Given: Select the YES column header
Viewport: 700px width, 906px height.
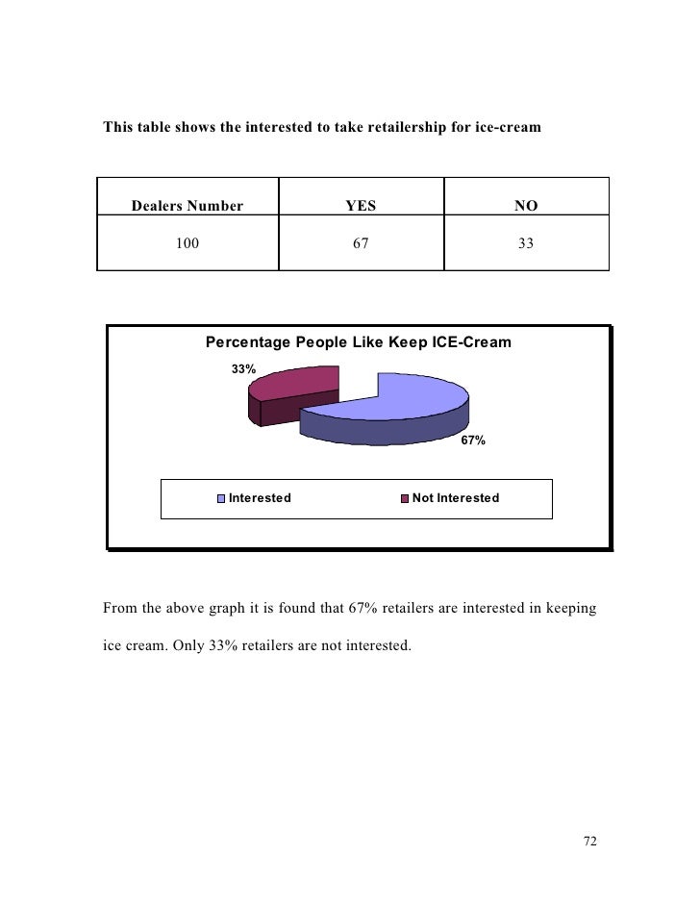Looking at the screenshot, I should tap(361, 205).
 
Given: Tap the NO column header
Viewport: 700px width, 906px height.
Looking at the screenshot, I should tap(525, 205).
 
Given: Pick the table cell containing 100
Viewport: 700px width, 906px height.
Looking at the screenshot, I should tap(187, 244).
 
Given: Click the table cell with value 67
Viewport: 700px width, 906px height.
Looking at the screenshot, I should tap(361, 244).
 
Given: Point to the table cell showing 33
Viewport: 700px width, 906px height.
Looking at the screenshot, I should tap(525, 244).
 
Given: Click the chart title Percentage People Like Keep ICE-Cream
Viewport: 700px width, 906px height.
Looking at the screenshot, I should tap(359, 342).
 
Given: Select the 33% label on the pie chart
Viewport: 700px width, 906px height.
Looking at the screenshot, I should tap(242, 369).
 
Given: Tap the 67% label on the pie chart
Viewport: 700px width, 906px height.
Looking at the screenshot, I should tap(473, 440).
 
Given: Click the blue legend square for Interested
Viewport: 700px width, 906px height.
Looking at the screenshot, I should tap(221, 498).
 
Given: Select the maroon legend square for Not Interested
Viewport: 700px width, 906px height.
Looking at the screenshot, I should tap(405, 498).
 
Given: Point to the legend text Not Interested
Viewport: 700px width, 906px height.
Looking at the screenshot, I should tap(455, 498).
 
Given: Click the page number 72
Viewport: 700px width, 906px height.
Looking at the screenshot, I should tap(590, 842).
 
